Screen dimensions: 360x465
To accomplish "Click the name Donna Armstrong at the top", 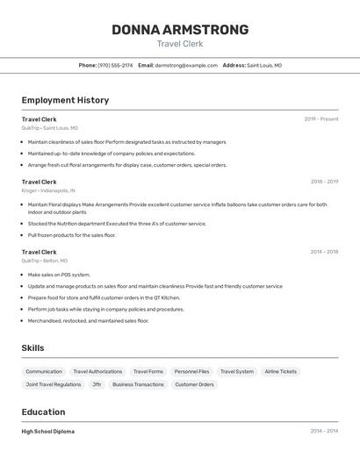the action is click(180, 30).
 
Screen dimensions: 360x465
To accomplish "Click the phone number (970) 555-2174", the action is click(115, 65).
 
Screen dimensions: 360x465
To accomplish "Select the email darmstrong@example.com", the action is click(186, 65).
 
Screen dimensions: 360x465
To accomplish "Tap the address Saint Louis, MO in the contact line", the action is click(264, 65).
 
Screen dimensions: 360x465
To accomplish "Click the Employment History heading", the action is click(65, 100).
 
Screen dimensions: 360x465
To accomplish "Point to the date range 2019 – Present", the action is click(320, 119).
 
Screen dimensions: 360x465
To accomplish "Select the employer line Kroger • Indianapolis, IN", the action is click(48, 190).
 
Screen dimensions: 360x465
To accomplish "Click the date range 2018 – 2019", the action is click(324, 182).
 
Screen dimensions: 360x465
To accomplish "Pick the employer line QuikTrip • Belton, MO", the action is click(45, 261).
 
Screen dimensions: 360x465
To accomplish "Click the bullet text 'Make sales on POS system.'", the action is click(59, 275).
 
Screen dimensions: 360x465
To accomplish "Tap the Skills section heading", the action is click(32, 348).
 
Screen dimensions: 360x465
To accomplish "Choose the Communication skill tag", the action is click(44, 371).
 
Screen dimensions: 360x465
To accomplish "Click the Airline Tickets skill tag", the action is click(281, 371).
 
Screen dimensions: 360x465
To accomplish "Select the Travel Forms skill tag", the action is click(148, 371).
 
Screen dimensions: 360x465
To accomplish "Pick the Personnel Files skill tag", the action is click(191, 371).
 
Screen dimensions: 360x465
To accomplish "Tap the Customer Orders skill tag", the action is click(194, 384).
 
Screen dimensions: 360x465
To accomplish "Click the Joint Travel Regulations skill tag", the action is click(53, 384).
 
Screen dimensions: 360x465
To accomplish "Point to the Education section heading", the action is click(43, 412).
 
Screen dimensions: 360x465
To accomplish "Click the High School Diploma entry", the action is click(48, 432).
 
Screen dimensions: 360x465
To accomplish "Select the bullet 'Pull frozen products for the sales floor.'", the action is click(72, 235).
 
